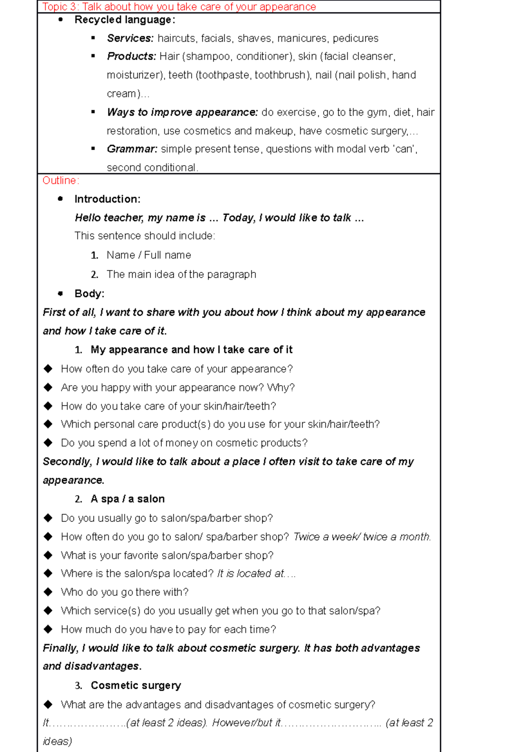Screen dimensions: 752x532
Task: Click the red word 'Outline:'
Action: coord(61,181)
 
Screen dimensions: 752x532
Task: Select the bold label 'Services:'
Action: coord(130,39)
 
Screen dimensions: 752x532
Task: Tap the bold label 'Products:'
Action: coord(131,57)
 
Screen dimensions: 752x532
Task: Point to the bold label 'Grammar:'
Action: coord(132,149)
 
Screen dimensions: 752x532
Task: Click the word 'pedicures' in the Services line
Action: coord(356,39)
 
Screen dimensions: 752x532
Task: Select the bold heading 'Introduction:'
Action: coord(107,199)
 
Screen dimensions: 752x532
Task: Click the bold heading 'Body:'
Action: coord(89,294)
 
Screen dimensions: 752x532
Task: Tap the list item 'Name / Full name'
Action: coord(149,255)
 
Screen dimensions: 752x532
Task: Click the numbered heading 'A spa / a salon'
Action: coord(128,499)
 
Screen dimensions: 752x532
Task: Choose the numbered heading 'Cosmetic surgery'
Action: coord(136,686)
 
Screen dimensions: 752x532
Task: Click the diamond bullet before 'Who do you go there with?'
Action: coord(48,592)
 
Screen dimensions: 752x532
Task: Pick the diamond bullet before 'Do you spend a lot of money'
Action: coord(48,442)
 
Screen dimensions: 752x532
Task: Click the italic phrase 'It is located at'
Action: coord(250,574)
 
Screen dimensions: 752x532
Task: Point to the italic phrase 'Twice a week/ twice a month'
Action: coord(361,537)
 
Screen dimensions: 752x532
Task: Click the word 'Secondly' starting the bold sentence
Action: coord(67,462)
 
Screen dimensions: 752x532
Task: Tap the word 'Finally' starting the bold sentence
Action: coord(60,648)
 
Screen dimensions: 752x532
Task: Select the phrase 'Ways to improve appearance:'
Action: coord(182,112)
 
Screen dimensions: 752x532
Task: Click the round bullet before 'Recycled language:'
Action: coord(61,19)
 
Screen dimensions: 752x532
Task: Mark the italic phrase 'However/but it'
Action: coord(246,723)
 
